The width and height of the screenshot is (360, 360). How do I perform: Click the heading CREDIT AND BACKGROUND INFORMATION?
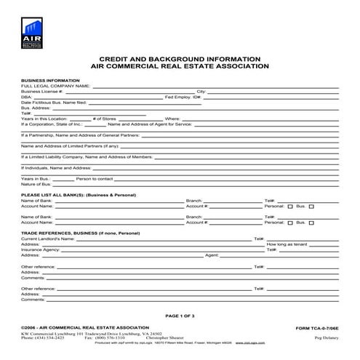point(179,58)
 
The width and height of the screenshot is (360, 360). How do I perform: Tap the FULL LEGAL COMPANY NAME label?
point(55,86)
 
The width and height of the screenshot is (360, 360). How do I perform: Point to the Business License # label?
point(47,92)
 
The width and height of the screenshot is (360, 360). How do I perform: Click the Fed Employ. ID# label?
point(183,97)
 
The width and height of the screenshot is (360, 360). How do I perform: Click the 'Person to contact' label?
point(95,178)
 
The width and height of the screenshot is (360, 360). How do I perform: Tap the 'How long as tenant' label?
point(289,244)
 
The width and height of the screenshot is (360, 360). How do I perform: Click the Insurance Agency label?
point(41,249)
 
